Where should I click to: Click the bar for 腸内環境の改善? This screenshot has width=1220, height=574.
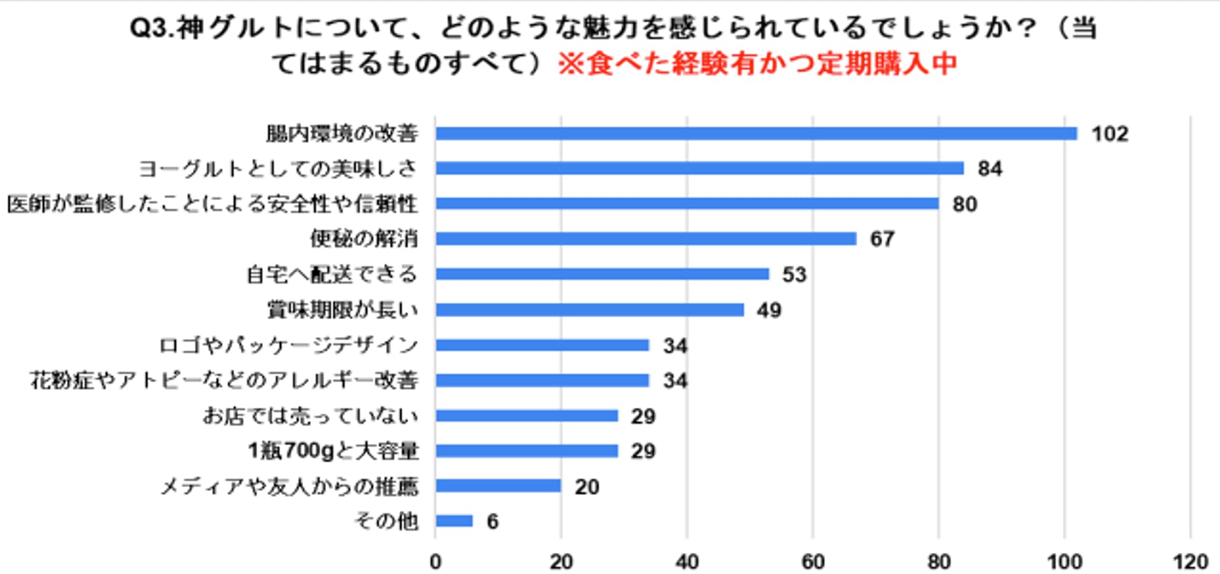[756, 134]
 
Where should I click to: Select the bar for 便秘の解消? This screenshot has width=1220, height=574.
[646, 239]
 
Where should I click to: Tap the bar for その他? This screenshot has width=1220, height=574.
[454, 521]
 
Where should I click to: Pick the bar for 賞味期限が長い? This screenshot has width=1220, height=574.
[589, 310]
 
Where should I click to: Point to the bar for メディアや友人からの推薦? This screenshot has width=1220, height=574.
[498, 486]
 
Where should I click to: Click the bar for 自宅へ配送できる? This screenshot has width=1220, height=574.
[601, 274]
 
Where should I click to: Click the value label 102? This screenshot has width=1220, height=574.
[1110, 134]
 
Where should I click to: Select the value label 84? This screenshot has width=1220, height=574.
[990, 169]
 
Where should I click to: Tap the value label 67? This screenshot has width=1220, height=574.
[882, 239]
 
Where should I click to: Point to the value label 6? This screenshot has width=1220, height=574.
[493, 522]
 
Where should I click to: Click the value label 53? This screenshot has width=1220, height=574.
[794, 274]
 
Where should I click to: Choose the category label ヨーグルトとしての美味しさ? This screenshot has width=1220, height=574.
[278, 169]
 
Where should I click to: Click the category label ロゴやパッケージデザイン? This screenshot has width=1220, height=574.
[289, 345]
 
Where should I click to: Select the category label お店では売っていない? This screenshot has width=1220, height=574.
[310, 416]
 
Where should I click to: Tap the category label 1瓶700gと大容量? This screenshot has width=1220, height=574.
[333, 451]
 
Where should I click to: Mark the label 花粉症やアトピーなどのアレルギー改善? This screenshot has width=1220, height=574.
[224, 380]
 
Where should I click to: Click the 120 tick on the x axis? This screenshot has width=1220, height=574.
[1190, 561]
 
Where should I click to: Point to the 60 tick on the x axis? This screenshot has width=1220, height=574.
[813, 561]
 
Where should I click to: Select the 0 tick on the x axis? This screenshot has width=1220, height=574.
[435, 561]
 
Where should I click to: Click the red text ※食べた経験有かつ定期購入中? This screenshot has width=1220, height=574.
[758, 64]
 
